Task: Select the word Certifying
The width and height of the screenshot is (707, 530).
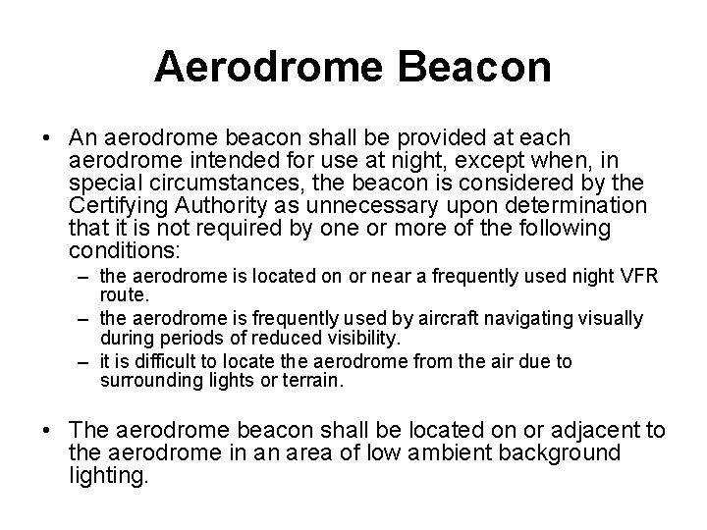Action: (122, 205)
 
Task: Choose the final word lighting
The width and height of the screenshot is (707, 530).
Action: (108, 476)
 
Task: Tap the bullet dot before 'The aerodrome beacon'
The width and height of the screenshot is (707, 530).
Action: (49, 430)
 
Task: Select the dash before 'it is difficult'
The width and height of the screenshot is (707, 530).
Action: (83, 362)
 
